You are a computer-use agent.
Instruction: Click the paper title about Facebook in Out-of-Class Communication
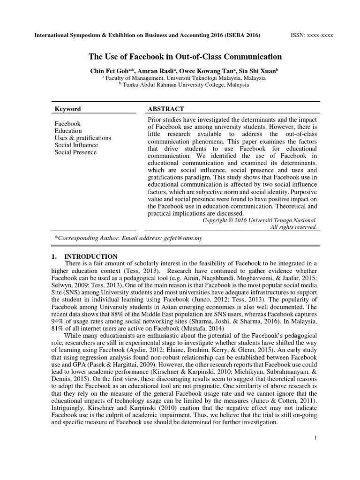point(185,57)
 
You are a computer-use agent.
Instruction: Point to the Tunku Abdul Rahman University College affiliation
point(186,85)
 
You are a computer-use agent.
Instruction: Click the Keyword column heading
point(68,109)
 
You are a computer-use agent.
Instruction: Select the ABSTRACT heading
point(166,109)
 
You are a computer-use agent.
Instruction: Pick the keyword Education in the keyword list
point(68,131)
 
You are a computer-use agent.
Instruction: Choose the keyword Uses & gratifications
point(82,138)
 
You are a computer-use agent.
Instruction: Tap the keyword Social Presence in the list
point(75,152)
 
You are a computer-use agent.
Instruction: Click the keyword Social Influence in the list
point(76,145)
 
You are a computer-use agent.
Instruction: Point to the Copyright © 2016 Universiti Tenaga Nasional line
point(259,220)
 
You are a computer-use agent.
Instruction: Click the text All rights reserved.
point(294,227)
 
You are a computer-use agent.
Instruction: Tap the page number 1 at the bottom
point(316,437)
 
